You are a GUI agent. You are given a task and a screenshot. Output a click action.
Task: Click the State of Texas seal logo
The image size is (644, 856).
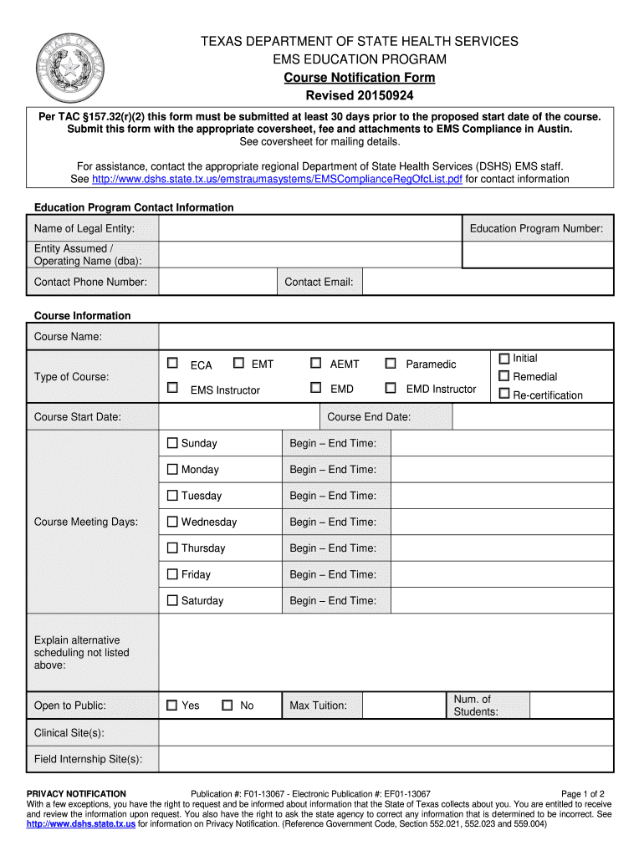coord(71,69)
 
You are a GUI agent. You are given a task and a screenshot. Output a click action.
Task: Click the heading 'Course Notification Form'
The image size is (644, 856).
coord(359,78)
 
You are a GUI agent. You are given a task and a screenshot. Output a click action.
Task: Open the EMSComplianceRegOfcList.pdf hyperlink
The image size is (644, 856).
coord(277,179)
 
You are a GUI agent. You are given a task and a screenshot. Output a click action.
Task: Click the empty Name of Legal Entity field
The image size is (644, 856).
coord(309,229)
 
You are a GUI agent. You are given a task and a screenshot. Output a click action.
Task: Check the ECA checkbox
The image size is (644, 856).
coord(172,364)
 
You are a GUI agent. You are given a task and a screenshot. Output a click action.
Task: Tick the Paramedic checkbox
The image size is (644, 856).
coord(390,364)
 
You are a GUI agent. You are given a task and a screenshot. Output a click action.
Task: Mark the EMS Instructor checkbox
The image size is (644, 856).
coord(172,388)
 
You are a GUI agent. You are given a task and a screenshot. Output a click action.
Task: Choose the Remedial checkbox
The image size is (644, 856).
coord(504,376)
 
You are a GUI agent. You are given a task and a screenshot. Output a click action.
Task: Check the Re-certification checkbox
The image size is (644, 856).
coord(504,394)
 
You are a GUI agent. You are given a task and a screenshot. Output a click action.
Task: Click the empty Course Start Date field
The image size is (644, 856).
coord(239,417)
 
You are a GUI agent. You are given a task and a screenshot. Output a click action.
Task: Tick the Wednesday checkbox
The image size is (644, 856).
coord(172,522)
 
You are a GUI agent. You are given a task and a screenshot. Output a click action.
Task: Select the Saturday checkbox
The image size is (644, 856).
coord(172,600)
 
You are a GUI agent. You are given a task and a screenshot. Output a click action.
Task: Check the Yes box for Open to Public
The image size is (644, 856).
coord(172,706)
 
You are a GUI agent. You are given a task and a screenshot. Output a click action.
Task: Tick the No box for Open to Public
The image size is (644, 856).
coord(227,706)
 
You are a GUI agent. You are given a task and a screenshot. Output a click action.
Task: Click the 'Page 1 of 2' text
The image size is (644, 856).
coord(582,793)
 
